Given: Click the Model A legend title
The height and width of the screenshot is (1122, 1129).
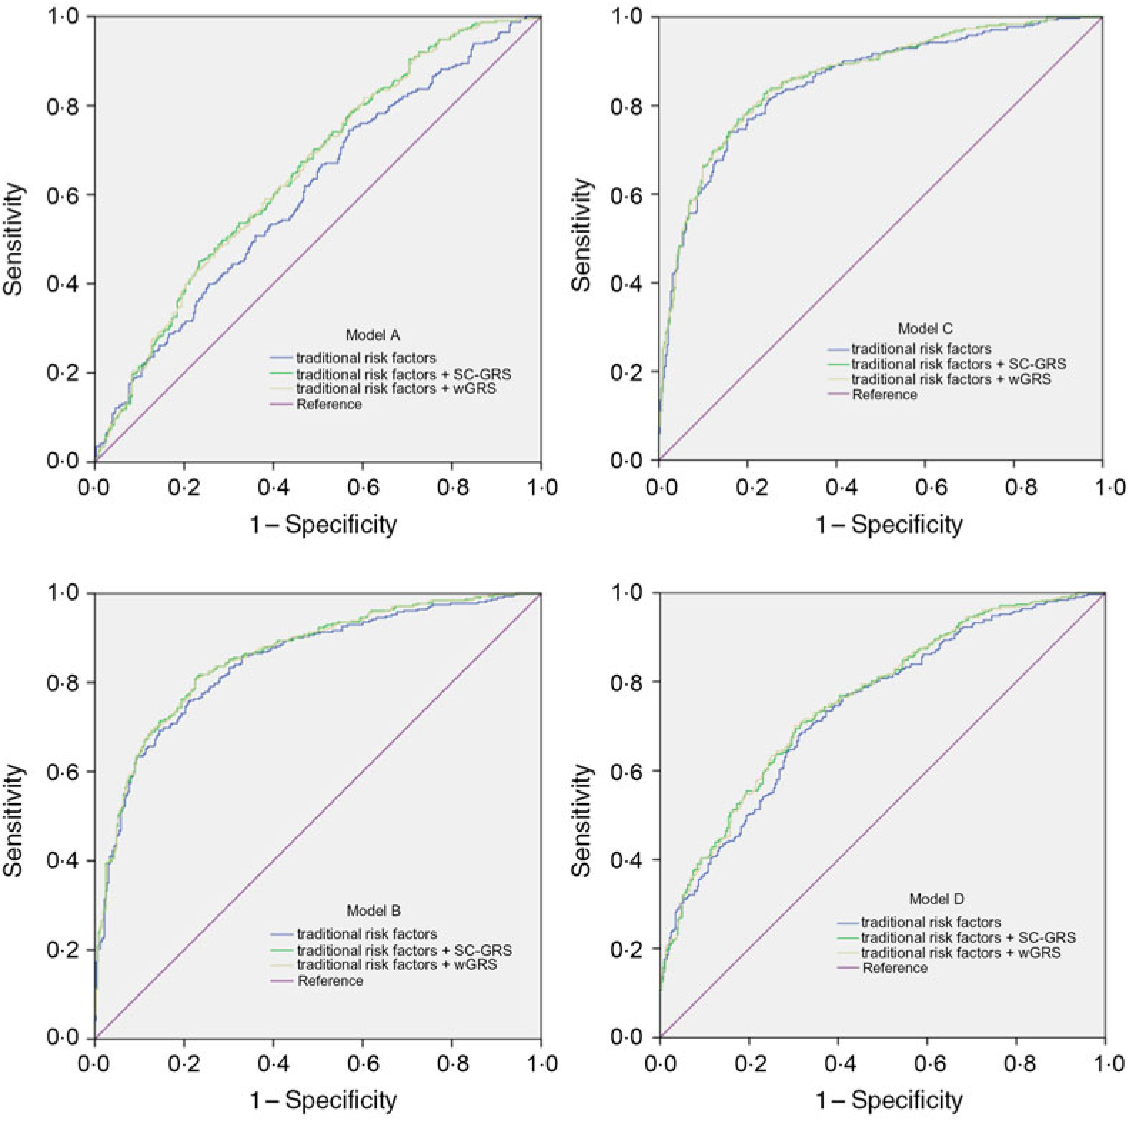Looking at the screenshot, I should (373, 335).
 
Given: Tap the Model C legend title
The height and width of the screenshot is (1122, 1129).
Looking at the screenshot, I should (925, 329).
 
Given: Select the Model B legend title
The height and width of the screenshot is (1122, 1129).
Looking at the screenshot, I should (373, 911).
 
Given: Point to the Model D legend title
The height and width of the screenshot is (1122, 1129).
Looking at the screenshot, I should (936, 899).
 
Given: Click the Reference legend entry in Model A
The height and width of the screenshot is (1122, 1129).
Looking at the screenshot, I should (328, 404).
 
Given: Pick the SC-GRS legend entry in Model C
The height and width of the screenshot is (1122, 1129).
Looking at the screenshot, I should (958, 364).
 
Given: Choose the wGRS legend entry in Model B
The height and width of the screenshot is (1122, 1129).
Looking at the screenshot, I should (396, 964).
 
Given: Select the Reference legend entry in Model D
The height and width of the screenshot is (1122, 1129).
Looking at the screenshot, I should (895, 968).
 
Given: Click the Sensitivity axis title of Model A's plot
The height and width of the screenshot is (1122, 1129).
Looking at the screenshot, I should (14, 239).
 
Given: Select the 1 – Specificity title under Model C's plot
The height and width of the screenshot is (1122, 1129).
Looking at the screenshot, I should (888, 525).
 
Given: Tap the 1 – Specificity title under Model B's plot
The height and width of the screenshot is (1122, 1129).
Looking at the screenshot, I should (323, 1101).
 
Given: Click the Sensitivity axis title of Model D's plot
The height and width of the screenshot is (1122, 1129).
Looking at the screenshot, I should (582, 820).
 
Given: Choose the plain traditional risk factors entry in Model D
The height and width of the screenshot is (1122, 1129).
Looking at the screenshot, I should (931, 922).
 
